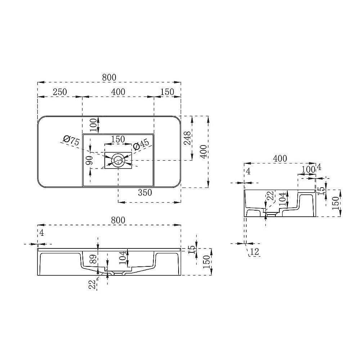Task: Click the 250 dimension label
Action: [x=60, y=92]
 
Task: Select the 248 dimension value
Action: [x=188, y=138]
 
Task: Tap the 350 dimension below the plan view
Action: [x=145, y=193]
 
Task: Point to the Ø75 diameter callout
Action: [x=71, y=140]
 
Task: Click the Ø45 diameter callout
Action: [x=141, y=145]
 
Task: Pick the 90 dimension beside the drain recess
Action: [x=90, y=160]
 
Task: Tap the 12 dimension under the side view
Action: [x=255, y=252]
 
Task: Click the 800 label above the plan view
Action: [x=109, y=78]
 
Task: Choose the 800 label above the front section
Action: [x=118, y=220]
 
